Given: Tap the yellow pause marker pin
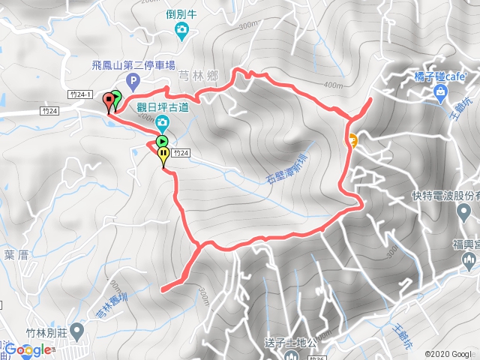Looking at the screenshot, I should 163,155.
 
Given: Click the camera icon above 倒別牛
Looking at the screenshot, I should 181,30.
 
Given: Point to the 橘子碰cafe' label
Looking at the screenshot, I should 441,76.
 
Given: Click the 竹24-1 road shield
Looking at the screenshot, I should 79,94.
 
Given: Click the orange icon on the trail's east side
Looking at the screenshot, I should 351,138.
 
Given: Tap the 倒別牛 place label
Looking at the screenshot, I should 181,13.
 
